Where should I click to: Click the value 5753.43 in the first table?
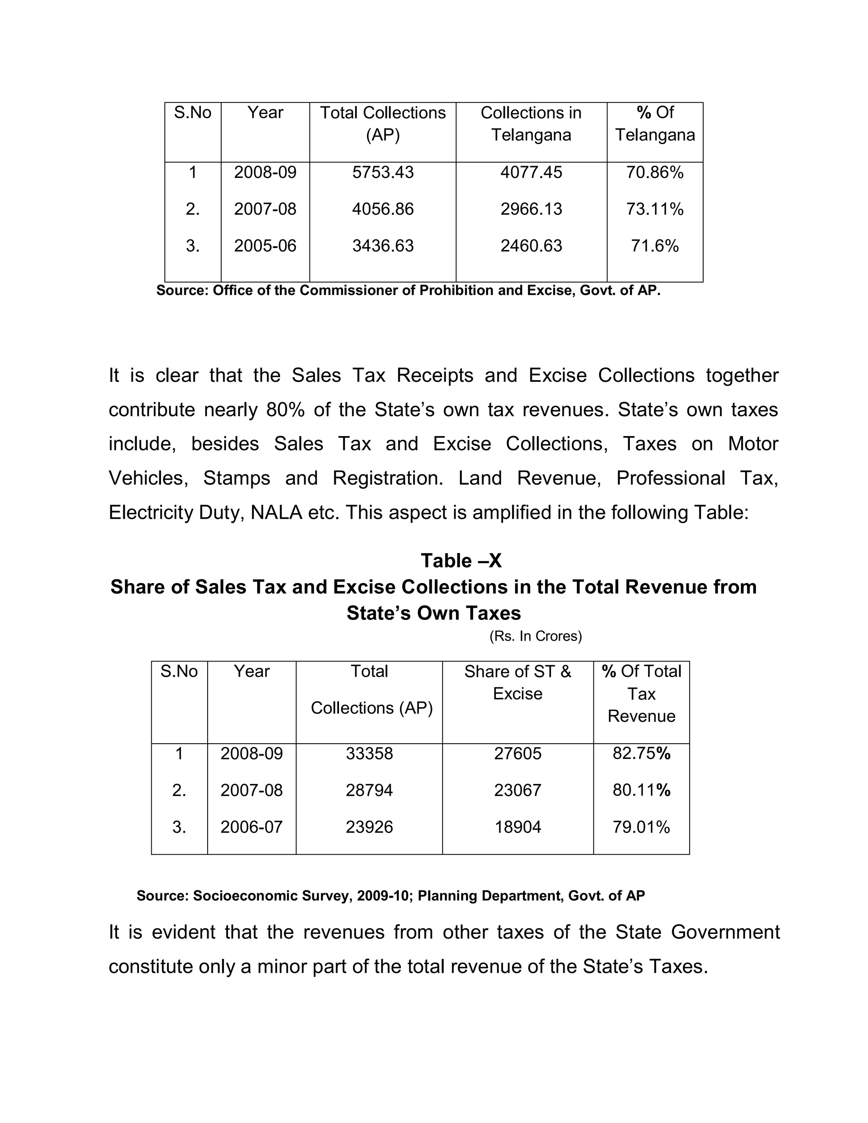(x=383, y=172)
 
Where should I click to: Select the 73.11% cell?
(x=654, y=209)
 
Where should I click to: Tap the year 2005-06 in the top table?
(x=265, y=246)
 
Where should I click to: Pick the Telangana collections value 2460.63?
(x=531, y=246)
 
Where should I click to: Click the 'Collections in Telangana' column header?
(x=531, y=124)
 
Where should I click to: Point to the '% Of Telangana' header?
(x=654, y=124)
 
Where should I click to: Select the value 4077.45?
(x=531, y=172)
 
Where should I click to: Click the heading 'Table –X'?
(x=461, y=561)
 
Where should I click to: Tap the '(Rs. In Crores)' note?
(x=535, y=636)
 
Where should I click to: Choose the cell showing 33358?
(x=369, y=754)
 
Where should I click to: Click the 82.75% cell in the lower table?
(x=641, y=753)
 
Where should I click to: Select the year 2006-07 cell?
(x=251, y=827)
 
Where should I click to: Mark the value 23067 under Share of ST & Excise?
(x=518, y=790)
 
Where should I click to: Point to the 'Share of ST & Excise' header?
(x=517, y=682)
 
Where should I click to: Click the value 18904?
(x=518, y=827)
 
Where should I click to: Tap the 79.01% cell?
(x=641, y=827)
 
